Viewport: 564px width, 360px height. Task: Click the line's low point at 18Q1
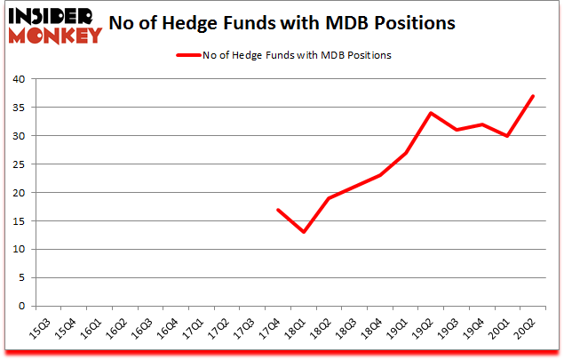[x=305, y=232]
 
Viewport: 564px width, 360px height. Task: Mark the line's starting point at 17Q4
[x=279, y=210]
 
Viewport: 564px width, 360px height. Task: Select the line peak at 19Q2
[x=431, y=113]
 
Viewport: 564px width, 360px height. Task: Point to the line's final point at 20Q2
[x=532, y=96]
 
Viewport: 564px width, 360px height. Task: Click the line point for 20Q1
[x=507, y=136]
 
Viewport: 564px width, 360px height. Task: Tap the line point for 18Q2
[x=330, y=198]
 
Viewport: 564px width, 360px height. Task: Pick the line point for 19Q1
[x=406, y=153]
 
